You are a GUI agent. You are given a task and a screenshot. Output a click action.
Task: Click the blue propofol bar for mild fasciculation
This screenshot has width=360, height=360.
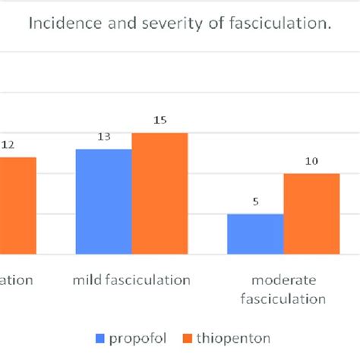coord(103,201)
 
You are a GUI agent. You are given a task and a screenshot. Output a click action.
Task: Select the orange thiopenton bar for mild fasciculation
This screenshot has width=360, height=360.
coord(159,193)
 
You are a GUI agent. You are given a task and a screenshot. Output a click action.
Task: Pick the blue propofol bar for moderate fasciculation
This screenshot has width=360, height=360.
coord(255,234)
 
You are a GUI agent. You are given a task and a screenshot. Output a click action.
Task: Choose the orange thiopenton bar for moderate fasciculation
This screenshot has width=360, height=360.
coord(311,213)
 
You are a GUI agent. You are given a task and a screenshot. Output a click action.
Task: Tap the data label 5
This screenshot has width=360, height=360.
coord(256,203)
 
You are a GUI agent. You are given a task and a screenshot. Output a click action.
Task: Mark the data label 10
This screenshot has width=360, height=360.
coord(311,162)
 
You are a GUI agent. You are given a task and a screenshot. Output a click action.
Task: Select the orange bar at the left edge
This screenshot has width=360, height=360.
coord(17,205)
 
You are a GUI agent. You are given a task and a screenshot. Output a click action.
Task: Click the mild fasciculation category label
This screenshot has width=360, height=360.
coord(131,280)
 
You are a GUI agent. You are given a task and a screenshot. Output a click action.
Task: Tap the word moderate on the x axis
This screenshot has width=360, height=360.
coord(283,280)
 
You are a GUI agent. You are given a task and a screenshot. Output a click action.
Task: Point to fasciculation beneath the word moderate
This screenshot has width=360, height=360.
coord(283,298)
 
